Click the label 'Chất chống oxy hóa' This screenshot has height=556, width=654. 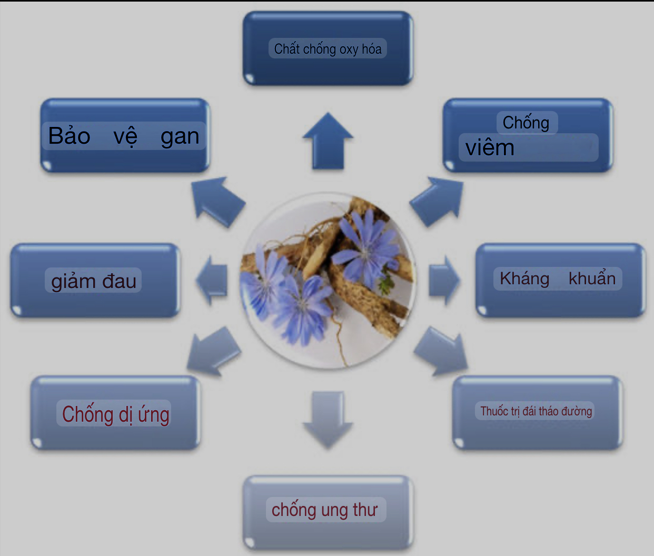(328, 49)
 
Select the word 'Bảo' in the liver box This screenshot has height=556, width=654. (70, 136)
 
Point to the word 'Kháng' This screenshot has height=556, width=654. (524, 279)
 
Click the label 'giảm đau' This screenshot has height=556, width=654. (94, 281)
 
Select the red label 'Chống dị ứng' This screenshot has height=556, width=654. (115, 414)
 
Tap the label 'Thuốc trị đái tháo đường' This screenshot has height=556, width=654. (536, 411)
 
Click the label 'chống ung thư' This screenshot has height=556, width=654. (324, 510)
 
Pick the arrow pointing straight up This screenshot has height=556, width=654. (328, 141)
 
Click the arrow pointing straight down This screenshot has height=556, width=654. (328, 420)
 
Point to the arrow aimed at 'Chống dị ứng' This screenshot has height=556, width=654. (214, 351)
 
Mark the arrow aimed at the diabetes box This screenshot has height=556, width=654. (441, 351)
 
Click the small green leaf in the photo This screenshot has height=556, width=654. (387, 281)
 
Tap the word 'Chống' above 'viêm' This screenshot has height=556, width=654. (526, 123)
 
